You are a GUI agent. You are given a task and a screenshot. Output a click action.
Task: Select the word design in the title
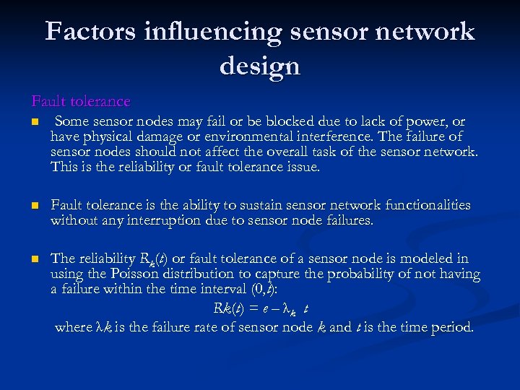(259, 66)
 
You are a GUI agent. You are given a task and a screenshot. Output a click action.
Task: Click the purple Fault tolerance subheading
(81, 102)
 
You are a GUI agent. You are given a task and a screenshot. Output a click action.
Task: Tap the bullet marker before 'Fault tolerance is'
(34, 207)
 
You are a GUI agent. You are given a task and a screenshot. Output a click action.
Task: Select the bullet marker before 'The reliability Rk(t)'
(34, 259)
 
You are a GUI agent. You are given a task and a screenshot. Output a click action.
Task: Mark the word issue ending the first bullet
(303, 167)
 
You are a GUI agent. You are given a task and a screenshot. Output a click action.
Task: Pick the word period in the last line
(451, 326)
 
